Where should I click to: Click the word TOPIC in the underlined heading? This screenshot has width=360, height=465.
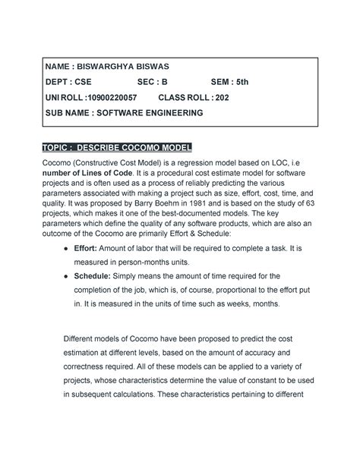(65, 146)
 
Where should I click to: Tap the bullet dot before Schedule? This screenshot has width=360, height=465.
(69, 278)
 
